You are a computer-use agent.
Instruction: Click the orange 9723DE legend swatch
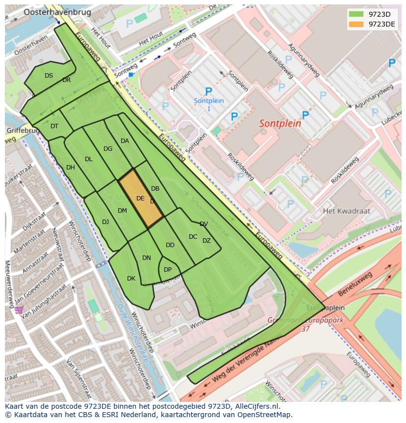click(x=357, y=24)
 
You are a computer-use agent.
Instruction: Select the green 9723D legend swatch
click(x=357, y=14)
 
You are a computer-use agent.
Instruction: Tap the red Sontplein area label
click(x=280, y=124)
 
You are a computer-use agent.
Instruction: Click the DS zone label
click(x=49, y=76)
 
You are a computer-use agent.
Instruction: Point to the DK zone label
click(x=131, y=279)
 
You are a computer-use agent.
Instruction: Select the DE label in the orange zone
click(x=140, y=198)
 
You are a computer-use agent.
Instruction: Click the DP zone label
click(x=168, y=270)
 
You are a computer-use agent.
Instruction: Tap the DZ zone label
click(x=206, y=241)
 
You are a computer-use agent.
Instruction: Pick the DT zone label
click(x=54, y=126)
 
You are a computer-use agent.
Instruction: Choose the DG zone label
click(x=108, y=149)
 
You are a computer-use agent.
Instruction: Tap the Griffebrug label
click(x=22, y=131)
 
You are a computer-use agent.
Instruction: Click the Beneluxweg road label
click(x=355, y=284)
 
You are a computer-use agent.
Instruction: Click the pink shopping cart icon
click(x=19, y=310)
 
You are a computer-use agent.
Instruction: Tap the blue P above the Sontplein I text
click(x=208, y=91)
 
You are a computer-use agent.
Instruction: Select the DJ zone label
click(x=105, y=222)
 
